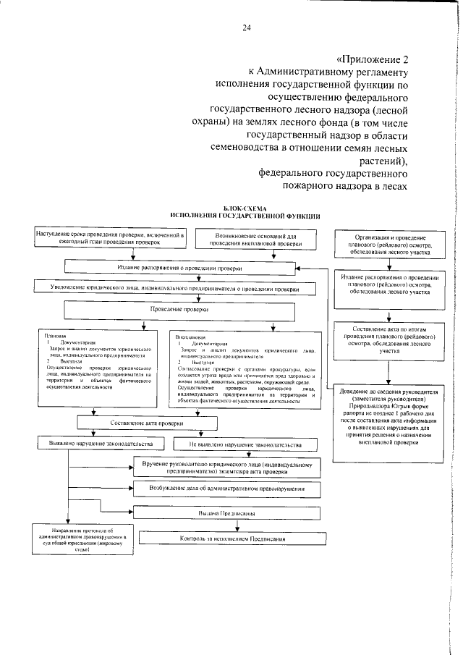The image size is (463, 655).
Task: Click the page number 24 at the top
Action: click(247, 28)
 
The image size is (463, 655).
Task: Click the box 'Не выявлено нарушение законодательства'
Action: click(245, 443)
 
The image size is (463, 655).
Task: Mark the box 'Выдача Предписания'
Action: click(231, 513)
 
